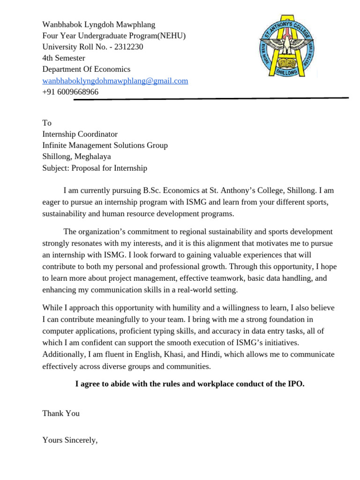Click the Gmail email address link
(115, 81)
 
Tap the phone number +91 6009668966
(70, 92)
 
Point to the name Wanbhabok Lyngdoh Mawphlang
(98, 24)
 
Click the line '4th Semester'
(64, 58)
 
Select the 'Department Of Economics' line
(86, 69)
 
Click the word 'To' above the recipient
(47, 123)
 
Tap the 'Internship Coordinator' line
(80, 134)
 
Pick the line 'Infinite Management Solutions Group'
(105, 145)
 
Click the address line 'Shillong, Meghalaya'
(76, 157)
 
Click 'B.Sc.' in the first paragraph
(152, 191)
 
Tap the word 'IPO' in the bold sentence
(295, 384)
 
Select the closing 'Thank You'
(61, 413)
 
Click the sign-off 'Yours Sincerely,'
(70, 440)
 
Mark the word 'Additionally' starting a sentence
(64, 354)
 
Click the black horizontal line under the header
(211, 99)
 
